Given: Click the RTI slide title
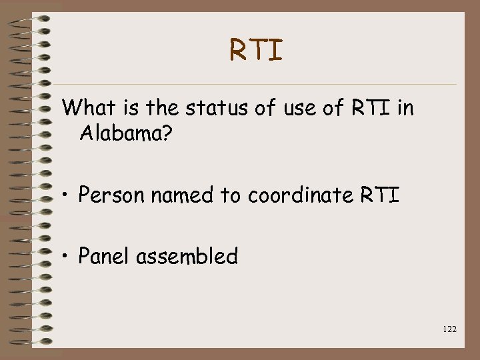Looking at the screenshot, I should tap(257, 50).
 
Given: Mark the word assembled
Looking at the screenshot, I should tap(187, 255).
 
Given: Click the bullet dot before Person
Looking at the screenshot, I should tap(66, 196).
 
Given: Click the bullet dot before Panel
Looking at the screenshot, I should tap(66, 257).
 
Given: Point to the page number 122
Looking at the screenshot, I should tap(449, 329).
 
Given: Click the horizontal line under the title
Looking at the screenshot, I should tap(260, 84).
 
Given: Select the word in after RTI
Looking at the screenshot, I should tap(405, 107).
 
